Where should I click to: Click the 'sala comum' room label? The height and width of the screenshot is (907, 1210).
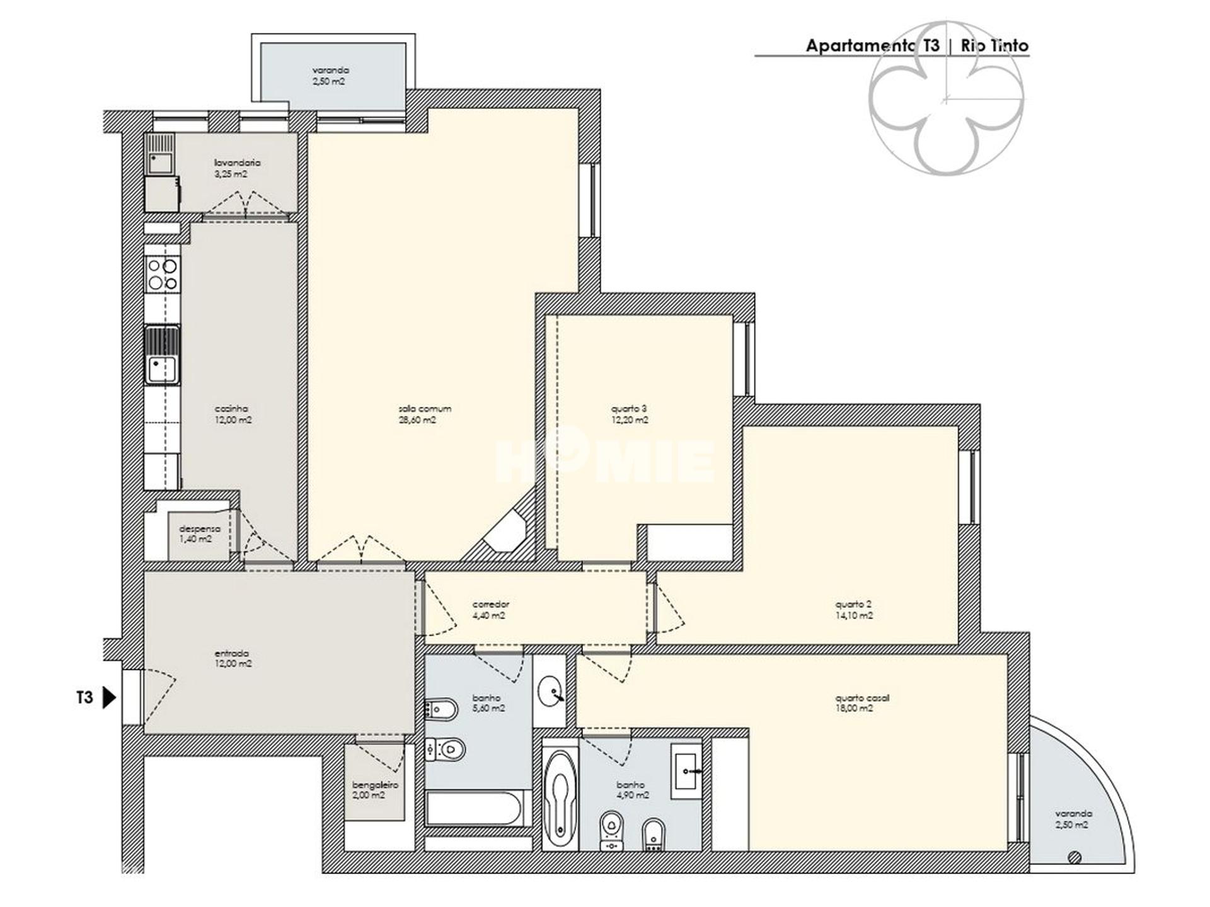(x=425, y=408)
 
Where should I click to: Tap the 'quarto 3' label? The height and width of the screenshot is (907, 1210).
(x=629, y=408)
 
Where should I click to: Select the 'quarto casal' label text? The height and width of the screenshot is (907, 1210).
(x=862, y=698)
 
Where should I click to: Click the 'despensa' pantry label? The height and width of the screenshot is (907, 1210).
(x=200, y=529)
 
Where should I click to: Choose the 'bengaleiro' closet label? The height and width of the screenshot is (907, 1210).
(x=375, y=785)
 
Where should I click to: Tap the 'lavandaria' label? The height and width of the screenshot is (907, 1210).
(x=237, y=163)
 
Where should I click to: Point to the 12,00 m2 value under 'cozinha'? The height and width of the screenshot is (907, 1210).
(x=233, y=420)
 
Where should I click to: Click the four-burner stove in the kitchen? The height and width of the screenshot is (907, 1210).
(x=162, y=275)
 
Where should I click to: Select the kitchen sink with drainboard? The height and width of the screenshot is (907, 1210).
(x=163, y=355)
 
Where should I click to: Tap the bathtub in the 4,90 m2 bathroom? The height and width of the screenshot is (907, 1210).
(x=559, y=797)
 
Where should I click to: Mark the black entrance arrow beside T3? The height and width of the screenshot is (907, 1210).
(x=110, y=698)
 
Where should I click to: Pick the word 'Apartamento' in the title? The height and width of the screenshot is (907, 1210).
(x=860, y=46)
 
